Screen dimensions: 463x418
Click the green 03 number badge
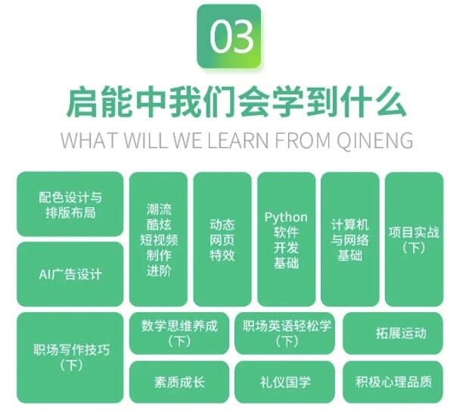point(228,36)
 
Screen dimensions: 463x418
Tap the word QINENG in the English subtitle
point(375,140)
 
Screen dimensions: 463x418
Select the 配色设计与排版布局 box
point(70,204)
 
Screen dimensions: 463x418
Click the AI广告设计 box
point(70,274)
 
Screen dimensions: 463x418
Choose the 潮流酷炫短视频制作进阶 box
point(159,240)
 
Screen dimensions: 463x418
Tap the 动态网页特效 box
point(222,240)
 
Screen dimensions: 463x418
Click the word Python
point(286,218)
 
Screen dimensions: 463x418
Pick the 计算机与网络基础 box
point(350,240)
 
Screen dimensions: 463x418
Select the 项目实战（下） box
point(414,240)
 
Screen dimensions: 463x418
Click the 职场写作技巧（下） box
point(70,358)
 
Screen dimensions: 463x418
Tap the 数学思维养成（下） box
point(179,333)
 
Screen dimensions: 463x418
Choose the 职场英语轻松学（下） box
point(285,333)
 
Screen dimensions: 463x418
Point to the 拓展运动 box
point(393,333)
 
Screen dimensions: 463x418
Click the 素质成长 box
point(179,382)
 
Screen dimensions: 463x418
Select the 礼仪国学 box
point(285,382)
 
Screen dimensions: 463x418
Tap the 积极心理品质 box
point(393,382)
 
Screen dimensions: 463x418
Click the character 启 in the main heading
point(82,102)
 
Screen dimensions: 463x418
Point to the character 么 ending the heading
point(390,102)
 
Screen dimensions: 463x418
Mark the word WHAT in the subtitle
point(89,140)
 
